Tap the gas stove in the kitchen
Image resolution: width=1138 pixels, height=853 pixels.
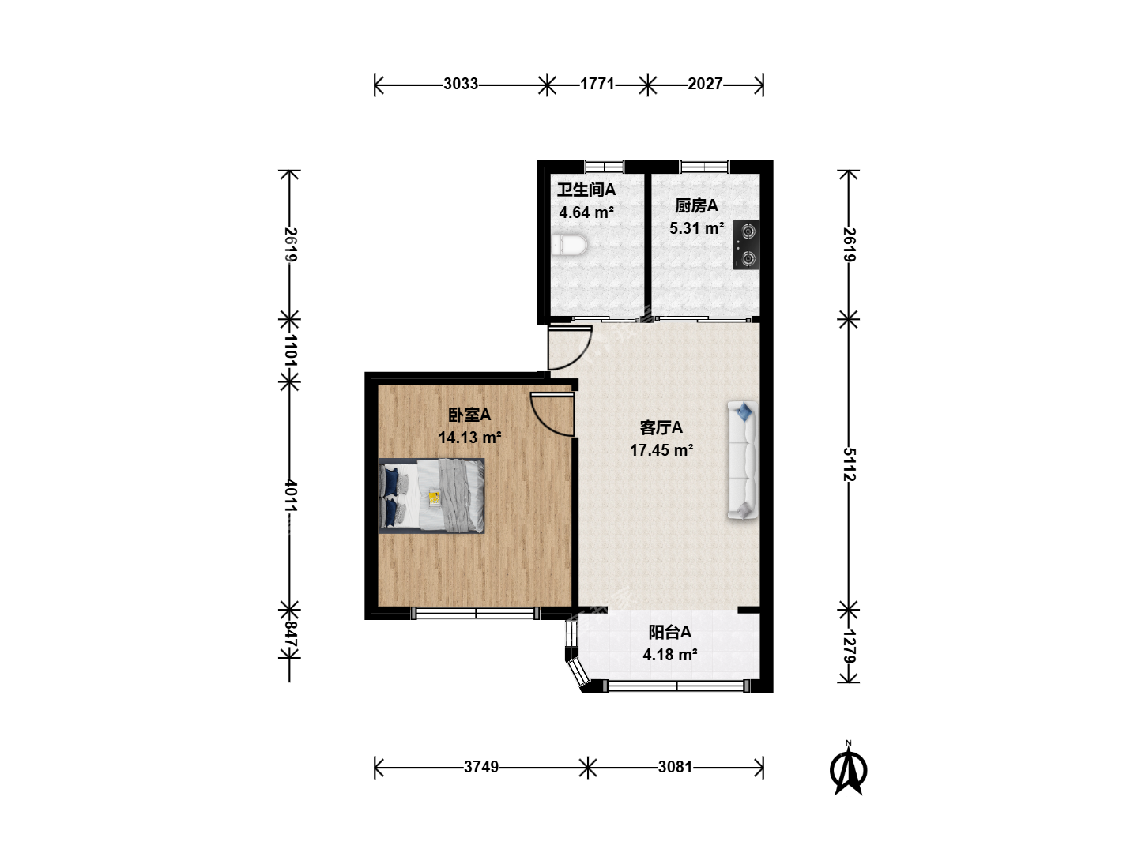[x=746, y=245]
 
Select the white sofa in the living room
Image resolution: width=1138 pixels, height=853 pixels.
[x=742, y=460]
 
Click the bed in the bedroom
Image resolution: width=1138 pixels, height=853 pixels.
[x=431, y=496]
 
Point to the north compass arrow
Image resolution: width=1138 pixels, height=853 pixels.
[x=848, y=768]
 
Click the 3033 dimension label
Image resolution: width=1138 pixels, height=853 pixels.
[x=461, y=84]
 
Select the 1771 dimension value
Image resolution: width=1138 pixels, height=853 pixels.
[x=597, y=84]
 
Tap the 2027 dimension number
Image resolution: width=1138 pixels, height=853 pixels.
[x=705, y=84]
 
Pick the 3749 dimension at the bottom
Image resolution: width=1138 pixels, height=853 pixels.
[x=481, y=766]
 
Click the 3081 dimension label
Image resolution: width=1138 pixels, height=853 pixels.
[x=675, y=766]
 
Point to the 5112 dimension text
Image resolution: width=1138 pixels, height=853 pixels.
[x=850, y=464]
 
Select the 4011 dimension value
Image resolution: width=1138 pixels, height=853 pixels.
[x=290, y=496]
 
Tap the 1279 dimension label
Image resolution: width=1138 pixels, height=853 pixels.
[x=850, y=646]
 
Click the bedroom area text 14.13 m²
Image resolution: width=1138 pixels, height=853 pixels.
[x=469, y=438]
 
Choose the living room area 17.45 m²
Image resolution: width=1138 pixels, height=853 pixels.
[x=661, y=450]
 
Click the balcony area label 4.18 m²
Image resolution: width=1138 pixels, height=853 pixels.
[x=670, y=655]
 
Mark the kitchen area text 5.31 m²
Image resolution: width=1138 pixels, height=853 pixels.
[x=696, y=228]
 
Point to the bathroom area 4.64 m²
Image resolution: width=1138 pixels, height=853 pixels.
[x=586, y=213]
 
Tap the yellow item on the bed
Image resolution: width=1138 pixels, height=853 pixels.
[x=434, y=498]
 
